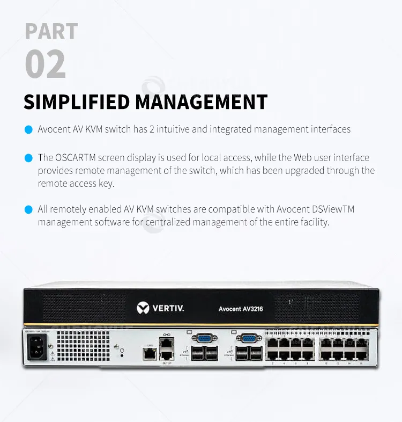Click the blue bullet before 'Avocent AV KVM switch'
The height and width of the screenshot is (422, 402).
click(x=28, y=129)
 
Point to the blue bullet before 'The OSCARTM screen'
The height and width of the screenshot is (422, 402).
click(x=28, y=158)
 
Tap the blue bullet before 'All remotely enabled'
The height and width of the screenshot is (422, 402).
click(x=28, y=209)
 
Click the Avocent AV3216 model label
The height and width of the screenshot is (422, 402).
click(x=241, y=309)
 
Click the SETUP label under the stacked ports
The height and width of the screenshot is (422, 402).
click(x=167, y=363)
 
